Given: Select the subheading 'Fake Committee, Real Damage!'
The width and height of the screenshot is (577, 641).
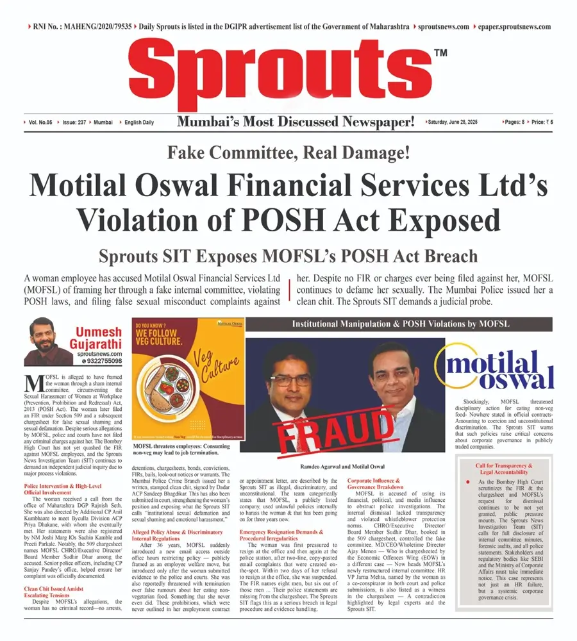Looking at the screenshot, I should point(288,154).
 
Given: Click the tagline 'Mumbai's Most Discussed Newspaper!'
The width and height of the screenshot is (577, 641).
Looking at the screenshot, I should point(296,121).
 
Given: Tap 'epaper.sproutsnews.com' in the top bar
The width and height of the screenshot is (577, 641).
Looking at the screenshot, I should point(514,27).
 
